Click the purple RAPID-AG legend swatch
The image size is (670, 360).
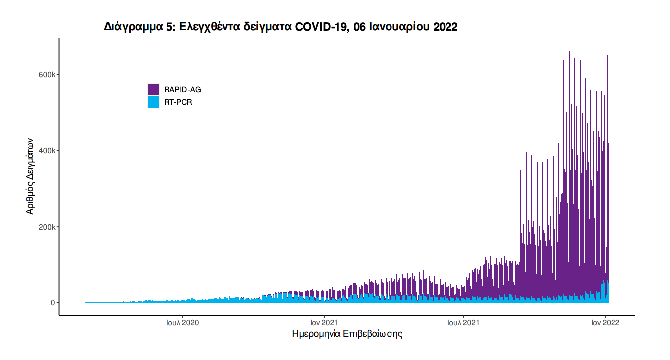(x=153, y=90)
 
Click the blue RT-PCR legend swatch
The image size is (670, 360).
(x=153, y=102)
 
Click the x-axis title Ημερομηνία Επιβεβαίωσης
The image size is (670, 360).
(x=347, y=334)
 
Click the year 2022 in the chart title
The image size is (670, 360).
(x=445, y=27)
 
